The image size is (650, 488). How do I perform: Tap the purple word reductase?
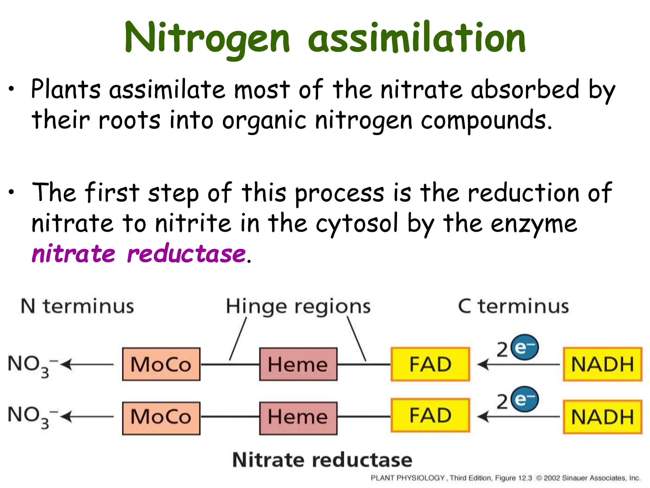pos(186,254)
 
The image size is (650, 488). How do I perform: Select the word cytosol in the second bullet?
pos(356,224)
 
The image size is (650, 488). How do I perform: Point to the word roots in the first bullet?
pos(129,120)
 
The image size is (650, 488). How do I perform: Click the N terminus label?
pos(77,306)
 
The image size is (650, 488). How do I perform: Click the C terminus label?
pos(513,306)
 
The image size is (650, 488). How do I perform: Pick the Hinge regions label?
pos(298,307)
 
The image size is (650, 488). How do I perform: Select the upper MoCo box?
pos(161,364)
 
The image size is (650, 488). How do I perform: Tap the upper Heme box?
pos(298,364)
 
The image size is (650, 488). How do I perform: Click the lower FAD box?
pos(430,416)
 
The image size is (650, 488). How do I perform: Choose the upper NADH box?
pos(602,364)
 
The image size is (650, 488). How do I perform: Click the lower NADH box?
pos(602,417)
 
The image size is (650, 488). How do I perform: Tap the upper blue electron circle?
pos(524,347)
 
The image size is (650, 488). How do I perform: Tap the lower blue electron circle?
pos(524,399)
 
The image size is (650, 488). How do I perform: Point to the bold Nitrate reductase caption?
pos(322,460)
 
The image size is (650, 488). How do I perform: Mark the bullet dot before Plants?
pos(11,90)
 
